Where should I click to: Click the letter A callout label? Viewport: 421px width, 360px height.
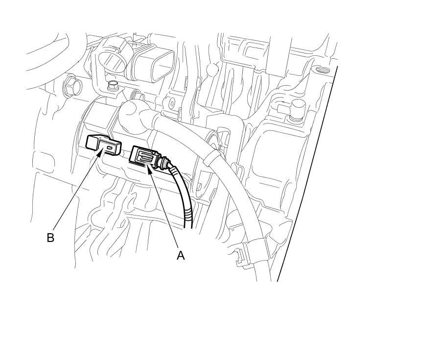(x=181, y=255)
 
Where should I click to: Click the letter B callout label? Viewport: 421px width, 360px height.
(x=50, y=238)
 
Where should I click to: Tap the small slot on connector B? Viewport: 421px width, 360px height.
(x=110, y=146)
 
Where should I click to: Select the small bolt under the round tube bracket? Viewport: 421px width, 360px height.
(x=112, y=87)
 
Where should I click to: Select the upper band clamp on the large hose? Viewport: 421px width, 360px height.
(x=212, y=157)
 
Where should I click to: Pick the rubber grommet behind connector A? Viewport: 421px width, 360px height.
(x=165, y=161)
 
